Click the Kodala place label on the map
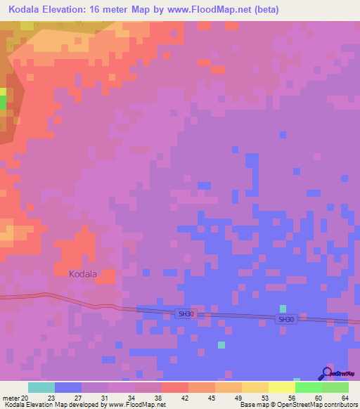click(x=83, y=274)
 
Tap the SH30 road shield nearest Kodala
click(x=185, y=314)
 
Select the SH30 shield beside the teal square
click(x=285, y=319)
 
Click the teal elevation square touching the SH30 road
click(x=283, y=309)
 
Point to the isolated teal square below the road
click(x=221, y=344)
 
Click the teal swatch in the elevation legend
click(x=41, y=387)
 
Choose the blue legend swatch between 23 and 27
click(x=67, y=387)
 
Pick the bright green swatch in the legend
click(x=308, y=387)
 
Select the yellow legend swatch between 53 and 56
click(x=281, y=387)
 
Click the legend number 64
click(x=345, y=398)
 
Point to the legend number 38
click(x=157, y=398)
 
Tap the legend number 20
click(x=26, y=398)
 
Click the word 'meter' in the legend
click(x=11, y=398)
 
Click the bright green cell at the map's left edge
click(x=3, y=103)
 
